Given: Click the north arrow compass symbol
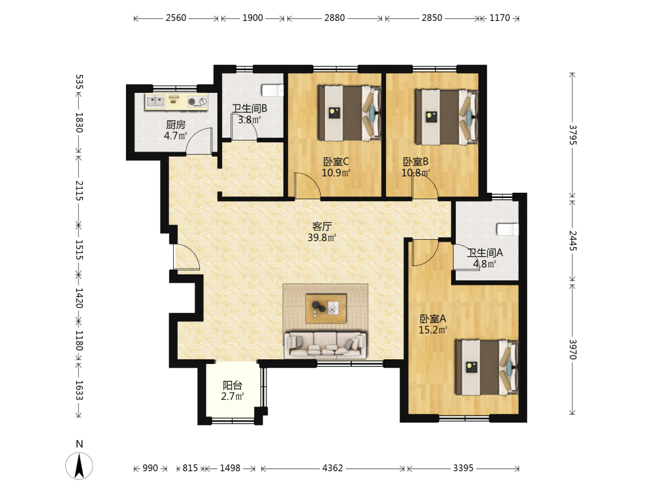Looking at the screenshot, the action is click(79, 465).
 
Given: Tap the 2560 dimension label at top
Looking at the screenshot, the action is click(176, 18).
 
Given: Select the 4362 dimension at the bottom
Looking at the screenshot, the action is click(332, 468).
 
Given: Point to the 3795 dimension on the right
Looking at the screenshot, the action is click(573, 135).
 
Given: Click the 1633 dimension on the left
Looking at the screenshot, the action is click(79, 391).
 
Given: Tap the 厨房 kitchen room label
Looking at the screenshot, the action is click(176, 125).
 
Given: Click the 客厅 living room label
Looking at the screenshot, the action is click(322, 226).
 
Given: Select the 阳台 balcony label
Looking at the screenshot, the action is click(232, 385).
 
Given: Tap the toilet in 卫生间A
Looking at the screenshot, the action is click(507, 229).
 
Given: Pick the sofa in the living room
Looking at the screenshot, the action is click(325, 345).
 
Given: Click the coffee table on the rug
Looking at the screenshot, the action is click(326, 309).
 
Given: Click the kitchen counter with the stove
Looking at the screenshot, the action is click(176, 102).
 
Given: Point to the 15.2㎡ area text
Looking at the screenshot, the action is click(433, 330).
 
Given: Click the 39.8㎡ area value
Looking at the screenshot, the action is click(322, 238).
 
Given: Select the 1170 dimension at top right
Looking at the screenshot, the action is click(500, 18).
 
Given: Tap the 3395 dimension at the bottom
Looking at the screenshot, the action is click(463, 468).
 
